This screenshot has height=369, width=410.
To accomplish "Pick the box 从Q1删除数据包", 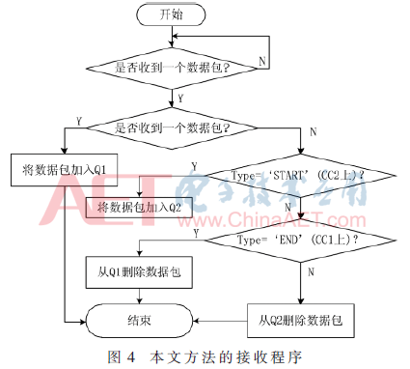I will click(x=131, y=272).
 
